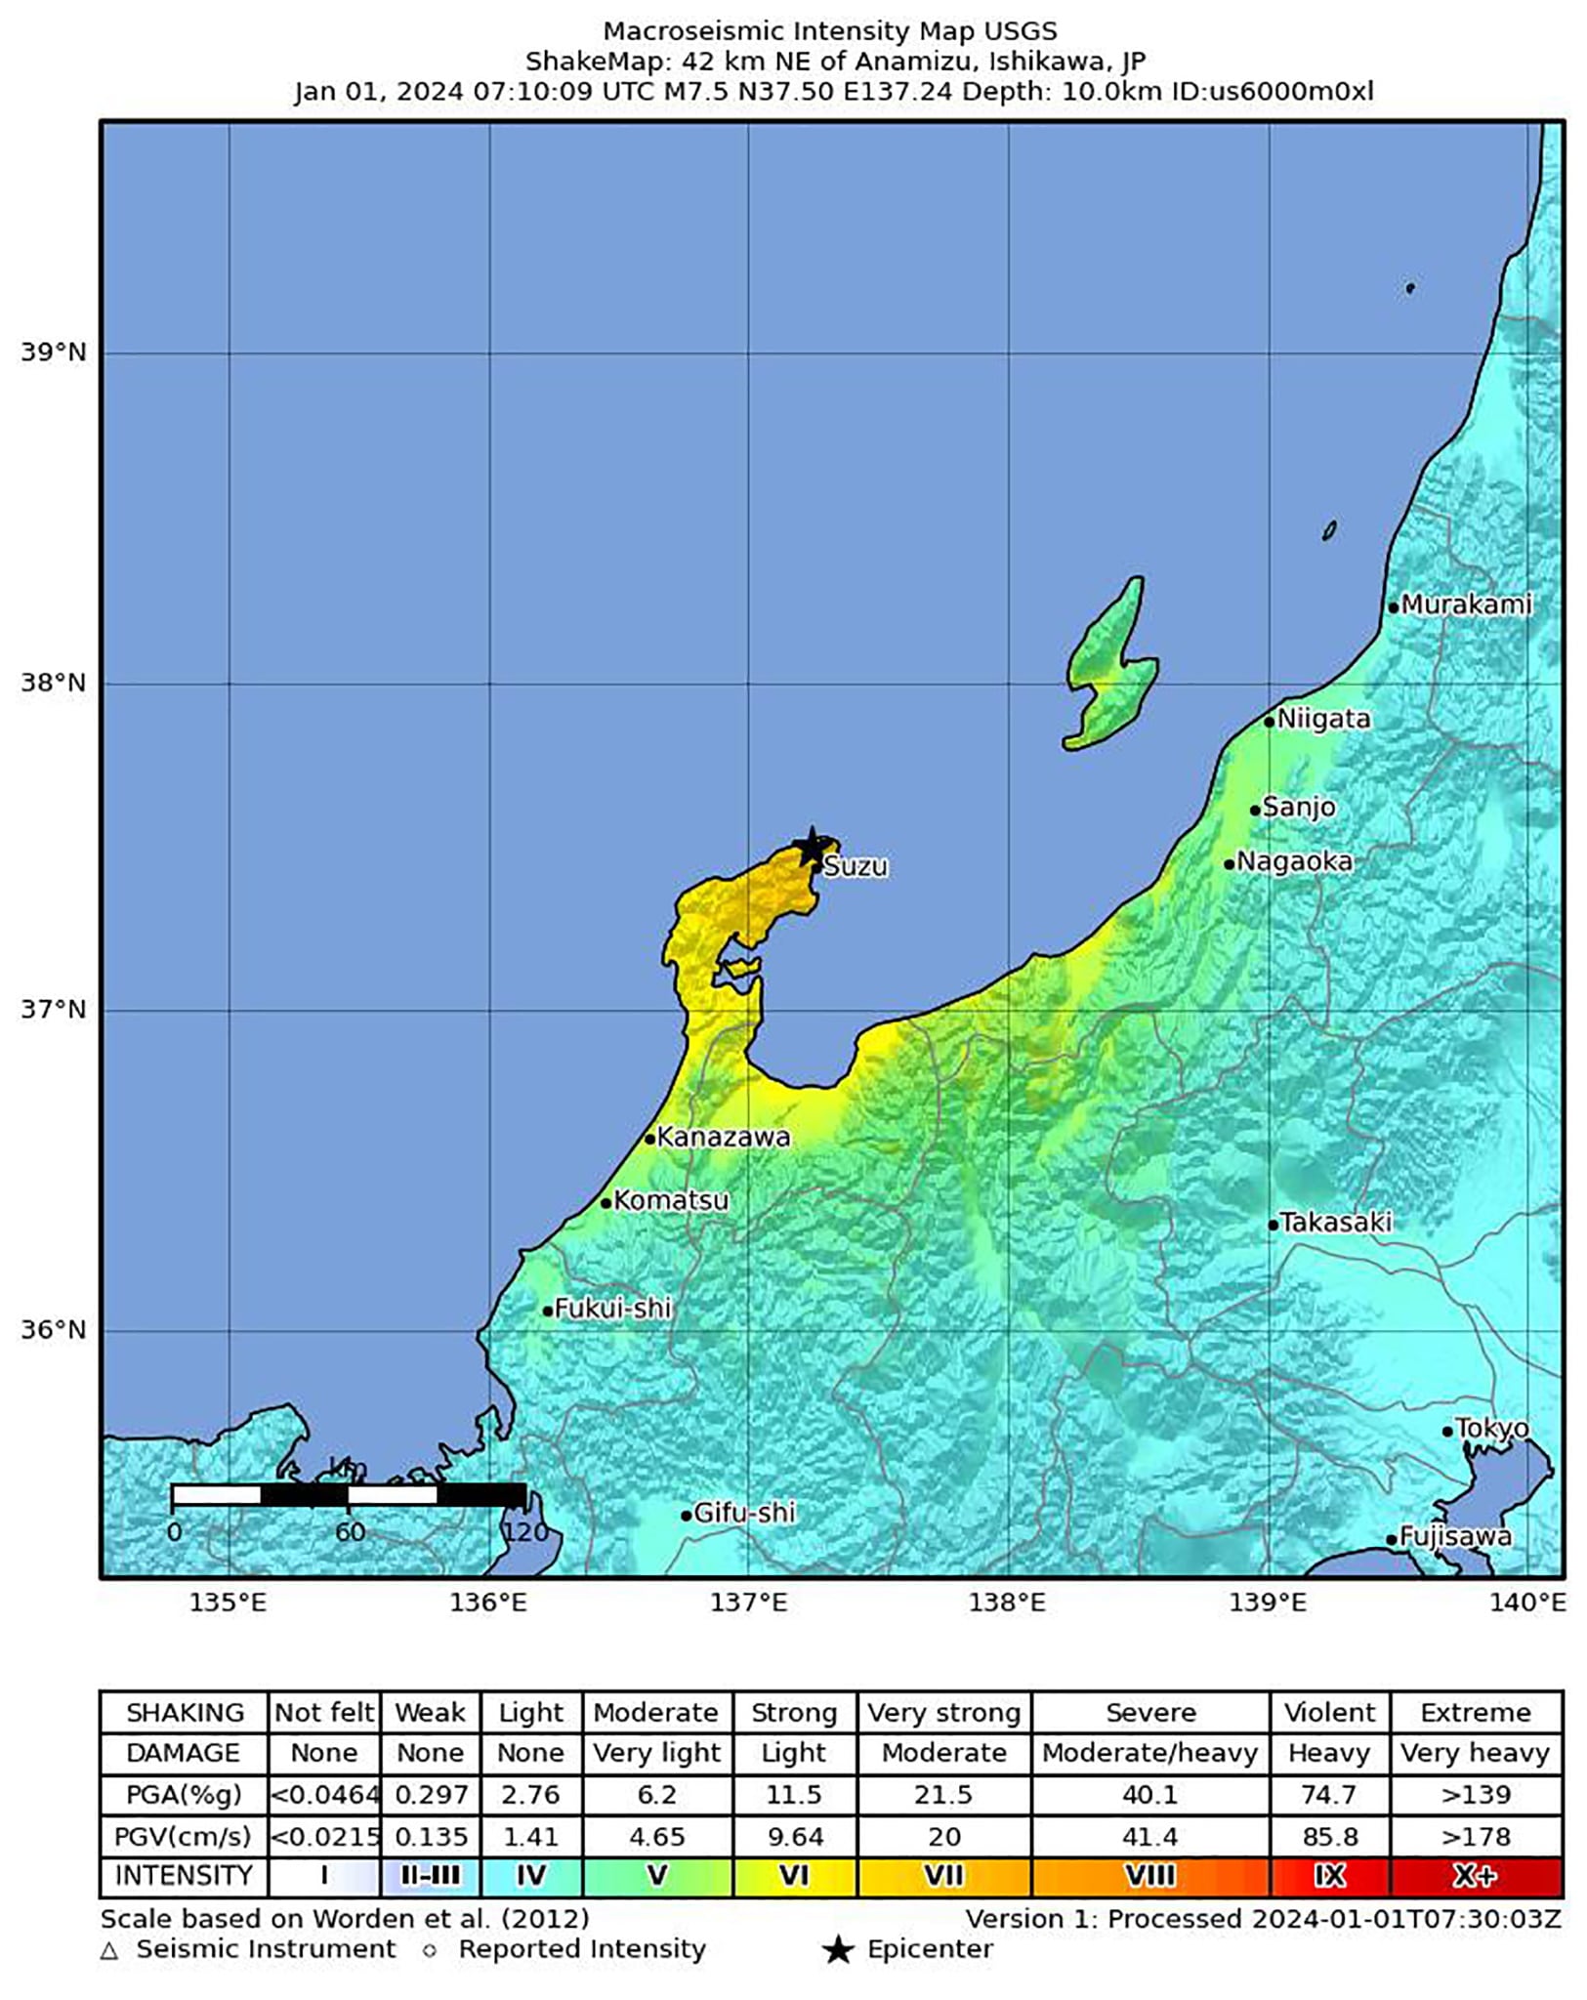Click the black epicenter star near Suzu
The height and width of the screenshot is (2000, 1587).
(x=811, y=846)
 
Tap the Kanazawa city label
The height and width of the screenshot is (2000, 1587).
(x=723, y=1137)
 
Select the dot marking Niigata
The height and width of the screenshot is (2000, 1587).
(x=1269, y=722)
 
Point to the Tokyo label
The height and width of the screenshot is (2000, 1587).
(x=1492, y=1429)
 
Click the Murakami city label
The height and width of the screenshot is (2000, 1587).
(x=1466, y=604)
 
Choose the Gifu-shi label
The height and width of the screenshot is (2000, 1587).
(x=744, y=1513)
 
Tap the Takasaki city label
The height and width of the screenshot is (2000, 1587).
(x=1335, y=1222)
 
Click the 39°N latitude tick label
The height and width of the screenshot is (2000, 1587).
(x=54, y=352)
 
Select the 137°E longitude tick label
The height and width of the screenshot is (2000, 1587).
(x=748, y=1603)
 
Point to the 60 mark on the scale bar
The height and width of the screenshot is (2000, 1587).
(x=350, y=1532)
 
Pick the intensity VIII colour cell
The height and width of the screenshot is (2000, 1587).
(x=1149, y=1876)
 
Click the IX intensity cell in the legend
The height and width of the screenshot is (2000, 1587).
(x=1329, y=1876)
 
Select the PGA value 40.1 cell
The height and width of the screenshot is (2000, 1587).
(x=1149, y=1795)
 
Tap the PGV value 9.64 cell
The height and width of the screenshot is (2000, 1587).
(x=794, y=1837)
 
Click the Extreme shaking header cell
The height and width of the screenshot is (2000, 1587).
(x=1475, y=1713)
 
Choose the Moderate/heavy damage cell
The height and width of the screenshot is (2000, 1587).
(x=1149, y=1753)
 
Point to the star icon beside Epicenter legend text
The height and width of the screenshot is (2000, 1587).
(x=837, y=1950)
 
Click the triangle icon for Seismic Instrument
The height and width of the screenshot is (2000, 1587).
(x=109, y=1950)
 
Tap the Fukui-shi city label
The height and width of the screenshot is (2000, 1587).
(x=612, y=1308)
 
